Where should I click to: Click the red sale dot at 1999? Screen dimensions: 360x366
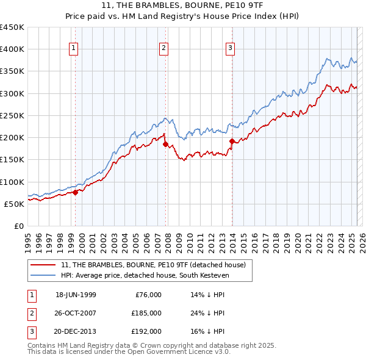(75, 192)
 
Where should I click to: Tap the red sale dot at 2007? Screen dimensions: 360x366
(165, 144)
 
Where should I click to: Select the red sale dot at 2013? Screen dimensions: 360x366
(232, 141)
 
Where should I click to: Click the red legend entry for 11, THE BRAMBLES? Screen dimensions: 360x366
(153, 265)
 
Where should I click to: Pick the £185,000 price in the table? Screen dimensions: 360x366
(146, 313)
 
